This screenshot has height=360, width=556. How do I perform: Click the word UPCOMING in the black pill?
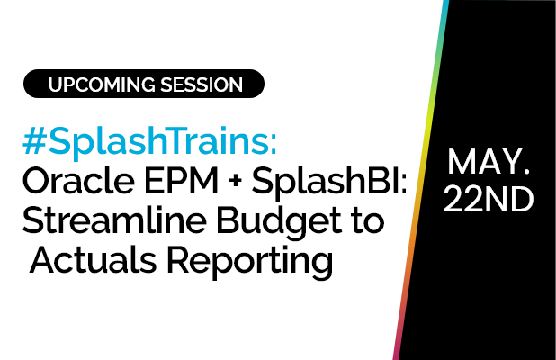coord(102,85)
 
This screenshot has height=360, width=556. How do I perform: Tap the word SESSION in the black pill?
coord(202,85)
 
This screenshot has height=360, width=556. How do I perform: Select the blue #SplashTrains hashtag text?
coord(149,140)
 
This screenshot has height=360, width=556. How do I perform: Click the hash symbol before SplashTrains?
coord(35,140)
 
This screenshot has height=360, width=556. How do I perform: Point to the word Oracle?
coord(78,181)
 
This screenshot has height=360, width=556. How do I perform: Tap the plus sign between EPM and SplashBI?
coord(235,181)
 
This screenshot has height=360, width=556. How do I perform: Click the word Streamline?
coord(114,220)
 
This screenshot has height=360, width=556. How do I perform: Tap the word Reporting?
coord(250,263)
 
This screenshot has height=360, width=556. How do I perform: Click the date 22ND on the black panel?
coord(489,199)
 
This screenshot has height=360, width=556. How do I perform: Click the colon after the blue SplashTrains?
coord(274,145)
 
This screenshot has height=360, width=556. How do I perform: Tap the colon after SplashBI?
coord(404,184)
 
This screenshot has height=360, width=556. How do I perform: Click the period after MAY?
coord(526,172)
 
